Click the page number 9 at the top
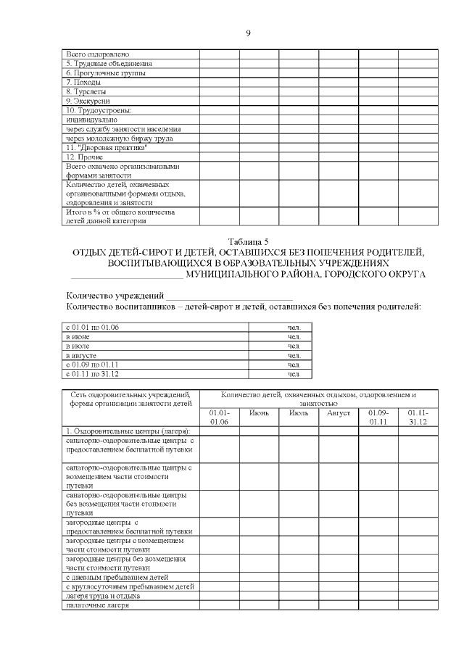(248, 33)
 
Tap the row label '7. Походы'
(83, 83)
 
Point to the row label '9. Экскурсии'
(88, 101)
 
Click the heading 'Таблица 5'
(248, 242)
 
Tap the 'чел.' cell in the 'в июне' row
(294, 337)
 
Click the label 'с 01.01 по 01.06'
(92, 328)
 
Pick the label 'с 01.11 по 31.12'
(92, 374)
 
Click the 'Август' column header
(339, 413)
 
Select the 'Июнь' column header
(259, 413)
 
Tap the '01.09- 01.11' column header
(378, 417)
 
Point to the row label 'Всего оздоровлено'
(97, 54)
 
